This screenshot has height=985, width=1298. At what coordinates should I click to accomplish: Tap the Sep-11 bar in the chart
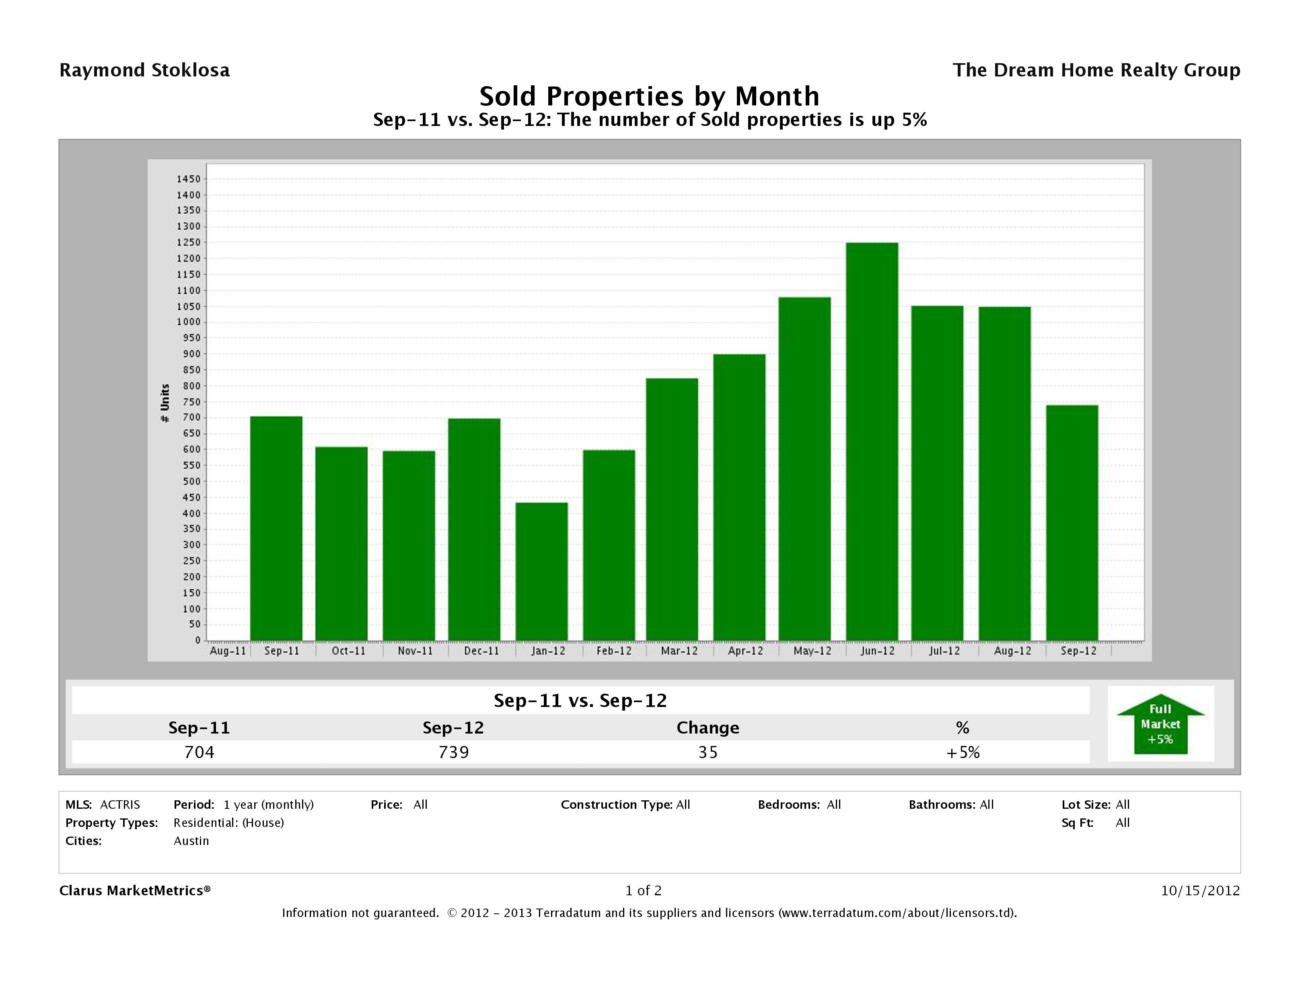point(276,528)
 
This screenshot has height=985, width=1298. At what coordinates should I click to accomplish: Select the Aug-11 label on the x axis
point(228,651)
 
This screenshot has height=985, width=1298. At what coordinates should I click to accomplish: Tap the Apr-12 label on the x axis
point(745,651)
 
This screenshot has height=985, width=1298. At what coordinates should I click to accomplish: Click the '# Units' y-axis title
point(165,403)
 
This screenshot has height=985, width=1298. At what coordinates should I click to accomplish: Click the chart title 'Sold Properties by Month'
point(649,96)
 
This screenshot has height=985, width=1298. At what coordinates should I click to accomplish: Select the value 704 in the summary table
point(199,752)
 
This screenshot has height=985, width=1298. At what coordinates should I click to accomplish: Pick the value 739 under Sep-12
point(454,752)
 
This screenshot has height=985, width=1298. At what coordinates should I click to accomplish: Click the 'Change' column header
point(708,728)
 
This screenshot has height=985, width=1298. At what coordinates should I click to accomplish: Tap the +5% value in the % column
point(963,752)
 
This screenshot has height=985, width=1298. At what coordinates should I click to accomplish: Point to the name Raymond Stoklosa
point(144,70)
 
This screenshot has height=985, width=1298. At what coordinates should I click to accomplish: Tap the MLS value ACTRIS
point(120,804)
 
